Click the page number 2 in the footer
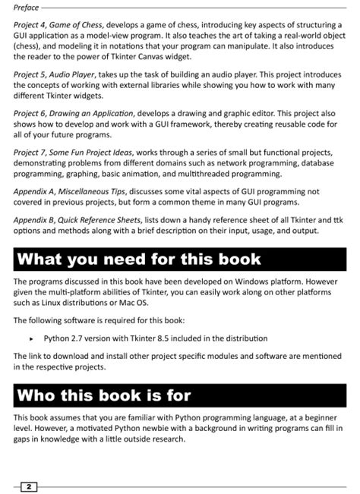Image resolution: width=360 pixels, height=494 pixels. pyautogui.click(x=28, y=485)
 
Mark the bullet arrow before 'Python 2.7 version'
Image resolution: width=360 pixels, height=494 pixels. pyautogui.click(x=31, y=338)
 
